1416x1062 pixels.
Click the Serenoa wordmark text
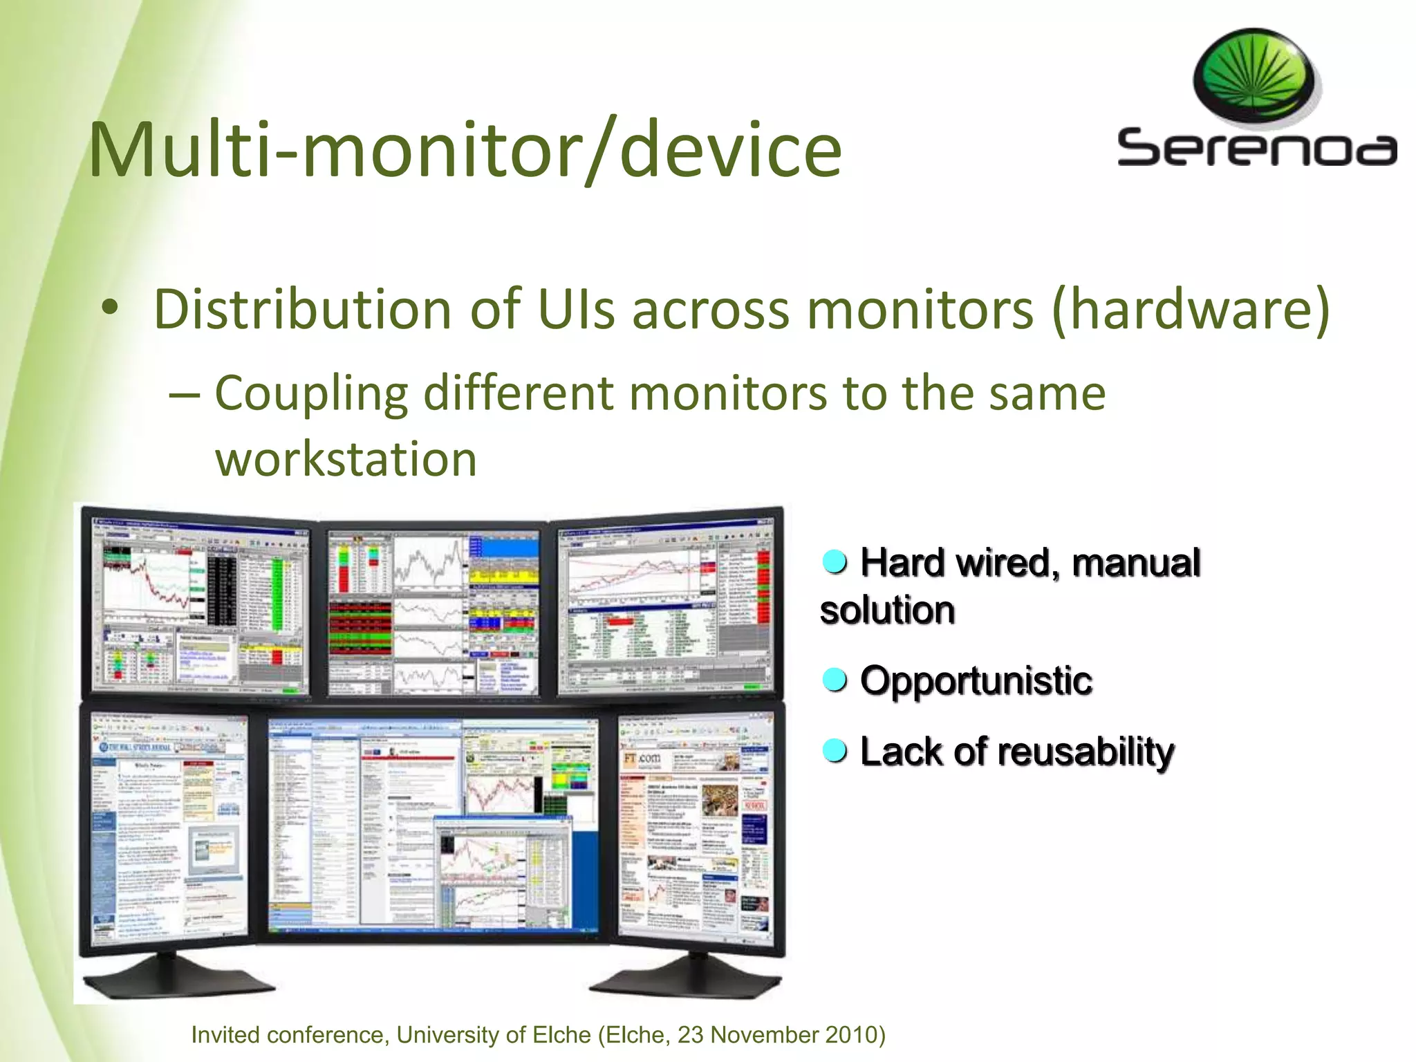pos(1256,148)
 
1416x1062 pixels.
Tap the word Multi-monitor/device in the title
pos(465,150)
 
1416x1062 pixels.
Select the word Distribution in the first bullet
pos(302,309)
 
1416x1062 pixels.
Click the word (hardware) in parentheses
pos(1190,309)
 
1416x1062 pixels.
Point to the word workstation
pos(346,460)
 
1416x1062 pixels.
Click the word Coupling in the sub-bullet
pos(311,393)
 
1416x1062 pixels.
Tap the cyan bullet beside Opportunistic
pos(835,680)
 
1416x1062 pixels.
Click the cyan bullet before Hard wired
pos(835,562)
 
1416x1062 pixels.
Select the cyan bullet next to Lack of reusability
pos(835,749)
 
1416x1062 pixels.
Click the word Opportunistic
pos(976,681)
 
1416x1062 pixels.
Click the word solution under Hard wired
pos(887,611)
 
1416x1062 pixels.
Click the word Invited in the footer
pos(225,1035)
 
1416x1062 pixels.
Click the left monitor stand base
pos(176,976)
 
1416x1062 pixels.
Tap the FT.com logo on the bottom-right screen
pos(642,758)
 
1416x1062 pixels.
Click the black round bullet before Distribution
pos(109,309)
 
